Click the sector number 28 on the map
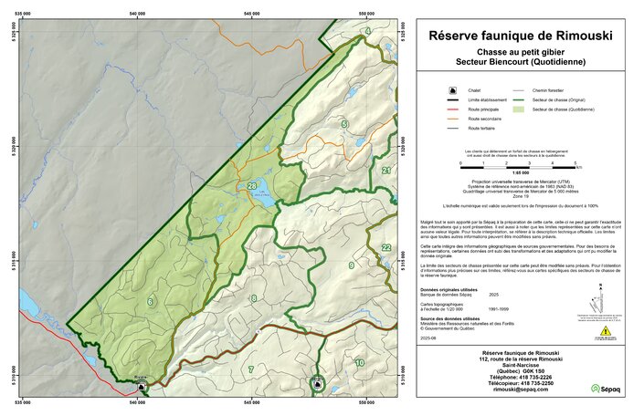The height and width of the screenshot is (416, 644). (252, 186)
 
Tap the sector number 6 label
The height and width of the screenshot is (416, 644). (150, 301)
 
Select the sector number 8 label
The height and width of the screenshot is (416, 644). (254, 298)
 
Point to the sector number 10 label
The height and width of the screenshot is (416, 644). (359, 363)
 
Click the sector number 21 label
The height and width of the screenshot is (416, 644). (386, 171)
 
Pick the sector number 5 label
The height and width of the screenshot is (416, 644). (344, 123)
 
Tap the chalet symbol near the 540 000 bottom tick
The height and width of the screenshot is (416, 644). (141, 387)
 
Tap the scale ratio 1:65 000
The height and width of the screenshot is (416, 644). (521, 172)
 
